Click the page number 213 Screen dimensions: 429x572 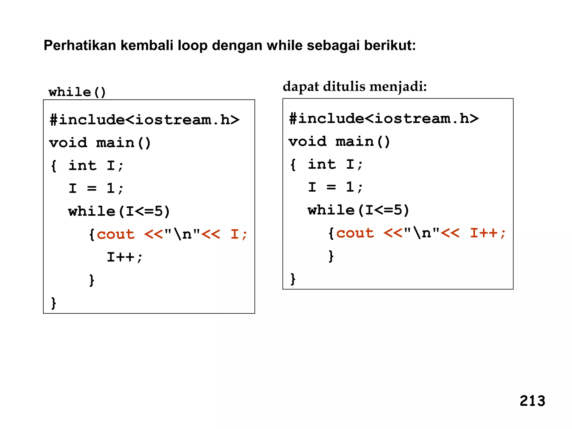tap(532, 401)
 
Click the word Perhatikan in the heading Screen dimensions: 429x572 tap(80, 45)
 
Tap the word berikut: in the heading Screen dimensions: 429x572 tap(390, 45)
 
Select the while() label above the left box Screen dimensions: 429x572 tap(77, 92)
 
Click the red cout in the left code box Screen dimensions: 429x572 tap(116, 234)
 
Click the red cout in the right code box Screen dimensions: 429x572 tap(355, 233)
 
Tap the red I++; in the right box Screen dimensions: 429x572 tap(488, 233)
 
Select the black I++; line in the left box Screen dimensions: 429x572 tap(125, 257)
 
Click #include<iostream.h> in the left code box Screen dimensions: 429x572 tap(144, 120)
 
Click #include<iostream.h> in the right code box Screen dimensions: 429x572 tap(384, 119)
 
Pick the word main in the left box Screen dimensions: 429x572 tap(115, 143)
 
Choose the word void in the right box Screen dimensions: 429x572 tap(308, 142)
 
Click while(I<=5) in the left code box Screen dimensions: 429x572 tap(119, 211)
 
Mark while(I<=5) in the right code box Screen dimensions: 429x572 tap(358, 210)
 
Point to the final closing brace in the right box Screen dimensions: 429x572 tap(293, 279)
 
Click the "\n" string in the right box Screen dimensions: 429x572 tap(421, 233)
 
